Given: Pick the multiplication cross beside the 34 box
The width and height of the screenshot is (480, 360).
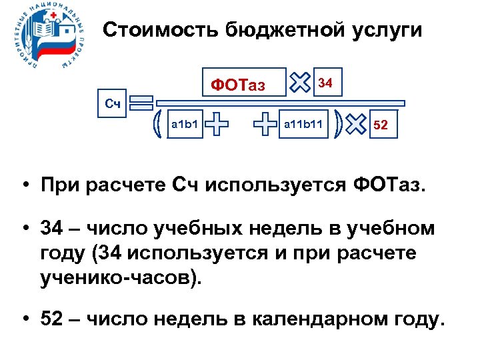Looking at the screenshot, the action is [x=301, y=83].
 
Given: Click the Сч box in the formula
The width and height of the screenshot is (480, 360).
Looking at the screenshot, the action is [x=113, y=103].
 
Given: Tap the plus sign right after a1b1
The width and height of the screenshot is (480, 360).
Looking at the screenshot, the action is [x=217, y=124].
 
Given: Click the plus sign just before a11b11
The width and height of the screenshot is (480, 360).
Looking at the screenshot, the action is [x=265, y=124].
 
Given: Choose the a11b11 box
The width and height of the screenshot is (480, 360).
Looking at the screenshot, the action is [x=304, y=124].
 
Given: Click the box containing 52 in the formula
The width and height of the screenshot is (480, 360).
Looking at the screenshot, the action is [x=383, y=124].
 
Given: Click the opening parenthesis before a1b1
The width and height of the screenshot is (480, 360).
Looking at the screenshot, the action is [x=158, y=124].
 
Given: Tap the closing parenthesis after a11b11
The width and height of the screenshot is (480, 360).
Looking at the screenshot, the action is [x=340, y=124].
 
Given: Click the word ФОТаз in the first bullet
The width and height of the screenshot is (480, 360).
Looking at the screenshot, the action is [x=385, y=184].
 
